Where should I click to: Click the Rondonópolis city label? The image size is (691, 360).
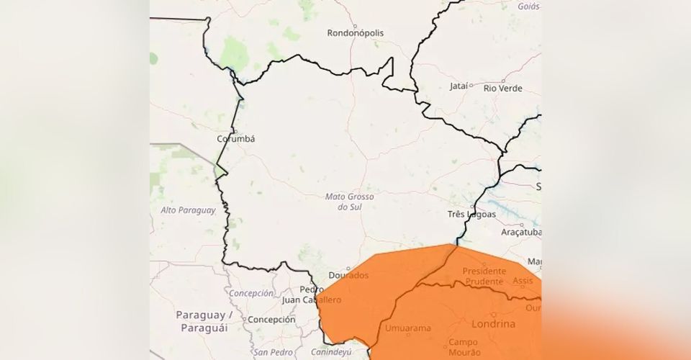click(355, 33)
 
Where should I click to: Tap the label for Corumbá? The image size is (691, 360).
click(236, 139)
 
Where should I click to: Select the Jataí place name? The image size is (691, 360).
click(459, 86)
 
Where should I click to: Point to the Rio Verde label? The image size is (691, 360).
click(503, 89)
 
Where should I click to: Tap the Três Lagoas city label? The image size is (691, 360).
click(471, 215)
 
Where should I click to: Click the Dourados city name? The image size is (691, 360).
click(348, 276)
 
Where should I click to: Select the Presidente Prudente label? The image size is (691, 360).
click(489, 276)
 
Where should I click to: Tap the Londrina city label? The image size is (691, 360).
click(494, 324)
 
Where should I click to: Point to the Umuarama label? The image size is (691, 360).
click(408, 328)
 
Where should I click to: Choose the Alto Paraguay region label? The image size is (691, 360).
click(189, 210)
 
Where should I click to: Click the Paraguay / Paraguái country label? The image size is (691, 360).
click(202, 322)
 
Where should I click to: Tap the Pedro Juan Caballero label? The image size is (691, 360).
click(311, 294)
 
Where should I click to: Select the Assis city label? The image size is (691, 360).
click(523, 282)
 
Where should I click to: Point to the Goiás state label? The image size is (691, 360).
click(528, 6)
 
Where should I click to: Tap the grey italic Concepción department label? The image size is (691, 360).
click(251, 294)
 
